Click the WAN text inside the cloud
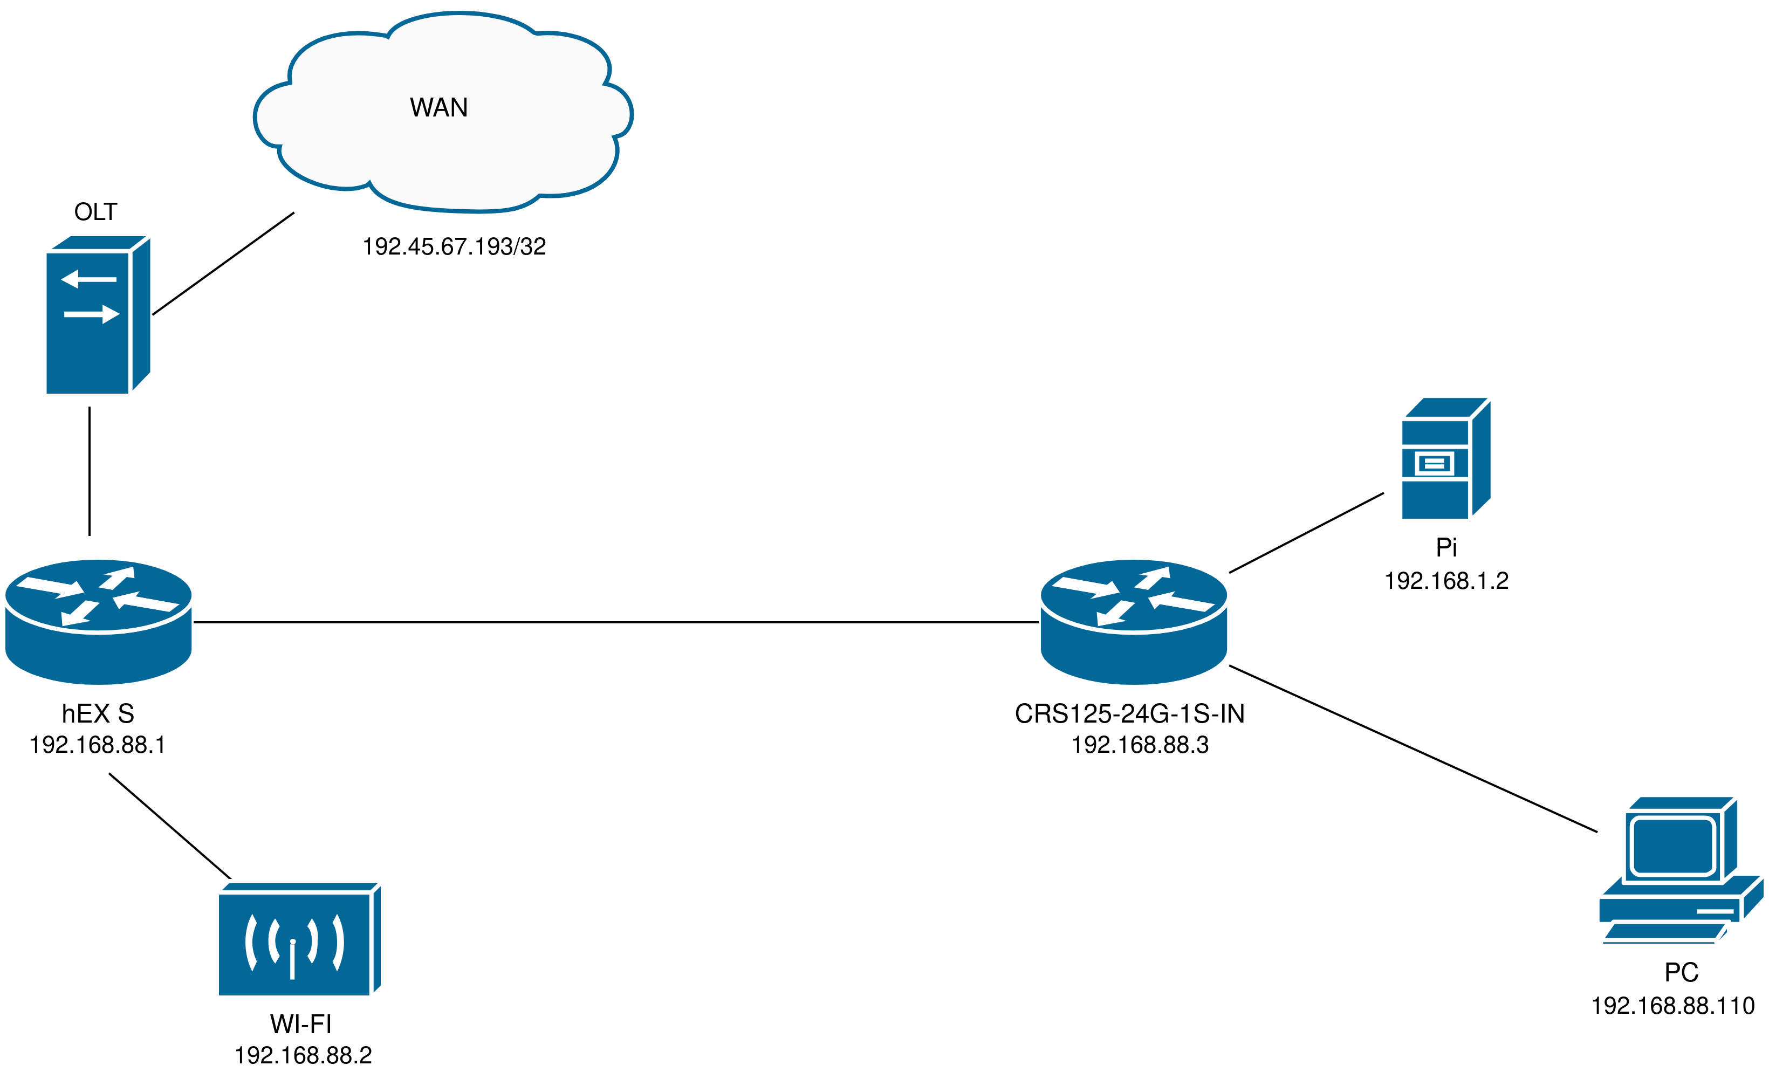[x=438, y=108]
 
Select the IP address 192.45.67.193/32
[x=454, y=246]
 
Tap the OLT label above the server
[x=95, y=212]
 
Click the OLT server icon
[x=98, y=315]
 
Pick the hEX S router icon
[x=98, y=621]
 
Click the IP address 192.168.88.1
[x=98, y=745]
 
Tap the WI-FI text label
[x=301, y=1024]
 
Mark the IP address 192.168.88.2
[x=303, y=1055]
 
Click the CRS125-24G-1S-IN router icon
[x=1134, y=621]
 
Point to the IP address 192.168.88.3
[x=1140, y=745]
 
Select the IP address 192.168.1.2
[x=1446, y=580]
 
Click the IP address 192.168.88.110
[x=1673, y=1005]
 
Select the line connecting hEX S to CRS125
[x=616, y=622]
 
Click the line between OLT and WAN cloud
[x=223, y=264]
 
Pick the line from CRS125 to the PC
[x=1413, y=749]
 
